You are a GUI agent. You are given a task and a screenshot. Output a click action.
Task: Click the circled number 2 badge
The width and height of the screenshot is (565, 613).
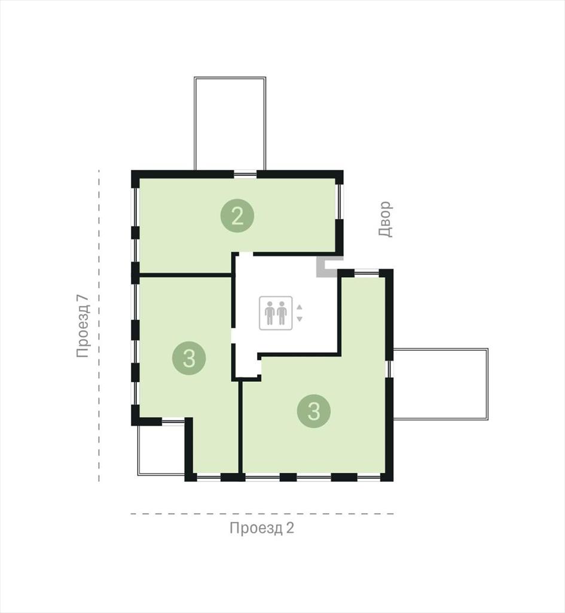[x=237, y=216]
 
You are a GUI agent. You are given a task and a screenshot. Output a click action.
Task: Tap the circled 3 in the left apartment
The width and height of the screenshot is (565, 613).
[x=189, y=358]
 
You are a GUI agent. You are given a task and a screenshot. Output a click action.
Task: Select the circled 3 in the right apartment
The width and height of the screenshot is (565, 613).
[x=314, y=411]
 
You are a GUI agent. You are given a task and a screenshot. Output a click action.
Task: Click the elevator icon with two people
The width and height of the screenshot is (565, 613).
[x=276, y=312]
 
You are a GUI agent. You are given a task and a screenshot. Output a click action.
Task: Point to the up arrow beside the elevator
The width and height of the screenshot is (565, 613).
[x=300, y=307]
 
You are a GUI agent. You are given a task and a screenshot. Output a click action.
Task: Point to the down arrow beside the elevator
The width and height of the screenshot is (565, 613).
[x=300, y=319]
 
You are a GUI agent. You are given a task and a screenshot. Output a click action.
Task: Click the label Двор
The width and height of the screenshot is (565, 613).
[x=384, y=219]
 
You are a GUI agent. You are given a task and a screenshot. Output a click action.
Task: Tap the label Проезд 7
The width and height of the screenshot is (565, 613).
[x=83, y=326]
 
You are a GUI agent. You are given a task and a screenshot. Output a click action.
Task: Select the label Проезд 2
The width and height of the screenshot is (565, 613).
[x=262, y=528]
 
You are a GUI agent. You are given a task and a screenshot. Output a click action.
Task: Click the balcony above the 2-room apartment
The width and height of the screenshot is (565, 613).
[x=230, y=123]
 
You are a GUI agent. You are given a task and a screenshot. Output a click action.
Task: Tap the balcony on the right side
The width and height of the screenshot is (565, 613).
[x=441, y=384]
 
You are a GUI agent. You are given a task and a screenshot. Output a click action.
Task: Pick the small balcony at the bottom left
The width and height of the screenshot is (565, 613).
[x=161, y=450]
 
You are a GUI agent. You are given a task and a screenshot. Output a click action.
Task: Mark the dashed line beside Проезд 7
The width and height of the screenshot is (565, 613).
[x=99, y=326]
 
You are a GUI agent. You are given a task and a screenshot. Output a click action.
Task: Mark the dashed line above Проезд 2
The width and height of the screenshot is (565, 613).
[x=262, y=514]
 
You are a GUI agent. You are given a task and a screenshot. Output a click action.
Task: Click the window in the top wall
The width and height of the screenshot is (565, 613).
[x=245, y=174]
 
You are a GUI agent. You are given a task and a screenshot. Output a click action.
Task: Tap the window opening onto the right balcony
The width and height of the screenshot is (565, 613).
[x=389, y=369]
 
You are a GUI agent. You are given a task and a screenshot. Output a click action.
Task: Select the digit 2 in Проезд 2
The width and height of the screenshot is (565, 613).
[x=290, y=528]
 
